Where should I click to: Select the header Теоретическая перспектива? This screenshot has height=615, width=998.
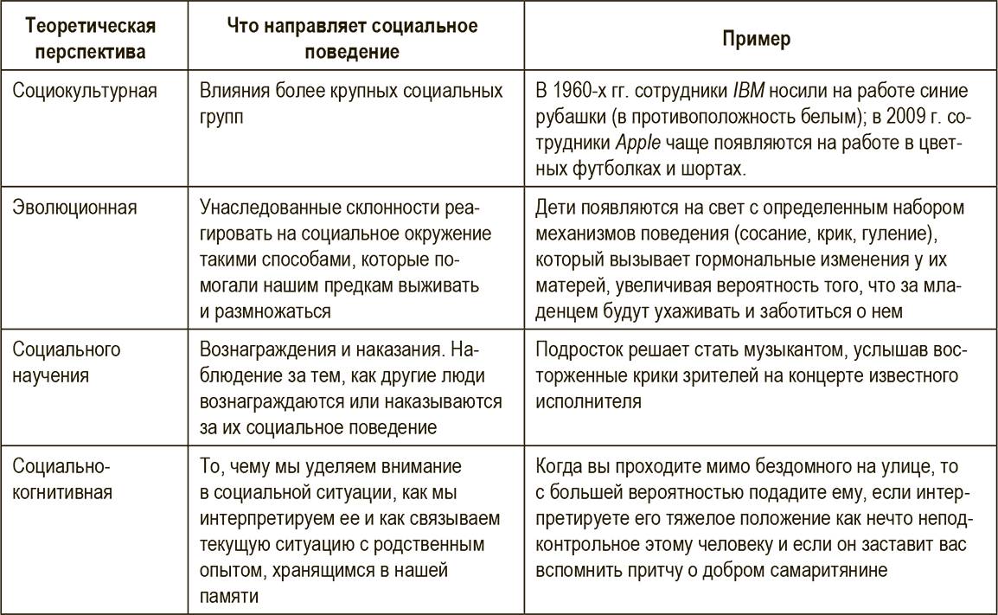(84, 40)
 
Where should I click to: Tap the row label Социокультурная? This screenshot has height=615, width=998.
(85, 90)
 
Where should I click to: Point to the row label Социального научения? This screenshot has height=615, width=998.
(67, 363)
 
